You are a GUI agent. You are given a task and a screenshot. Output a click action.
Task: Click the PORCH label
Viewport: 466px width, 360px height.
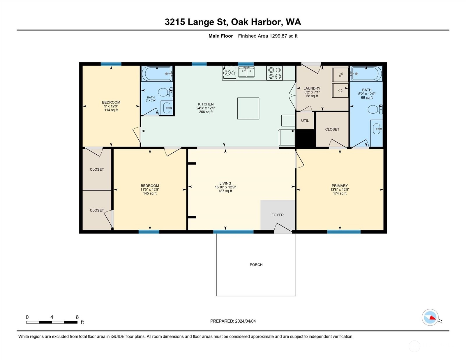coord(256,264)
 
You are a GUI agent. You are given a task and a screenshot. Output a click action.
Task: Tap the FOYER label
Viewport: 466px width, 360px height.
coord(278,215)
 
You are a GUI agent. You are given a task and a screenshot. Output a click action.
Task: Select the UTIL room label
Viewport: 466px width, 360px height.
coord(305,121)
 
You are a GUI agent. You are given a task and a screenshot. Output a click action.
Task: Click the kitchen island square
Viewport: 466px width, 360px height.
coord(248,108)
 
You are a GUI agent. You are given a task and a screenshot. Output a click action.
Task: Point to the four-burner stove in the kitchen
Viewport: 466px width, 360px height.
coord(275,73)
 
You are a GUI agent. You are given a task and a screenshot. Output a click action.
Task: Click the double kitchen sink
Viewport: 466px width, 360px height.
coord(246,72)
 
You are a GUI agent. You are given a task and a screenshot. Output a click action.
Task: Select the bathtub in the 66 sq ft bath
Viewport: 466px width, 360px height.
coord(366,74)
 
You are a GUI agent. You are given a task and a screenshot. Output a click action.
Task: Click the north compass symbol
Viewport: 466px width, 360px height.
coord(430,317)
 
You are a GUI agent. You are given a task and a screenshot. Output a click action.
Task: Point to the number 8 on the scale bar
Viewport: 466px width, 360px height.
coord(77,317)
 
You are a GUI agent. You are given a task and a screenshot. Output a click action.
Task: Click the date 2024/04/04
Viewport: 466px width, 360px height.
coord(245,321)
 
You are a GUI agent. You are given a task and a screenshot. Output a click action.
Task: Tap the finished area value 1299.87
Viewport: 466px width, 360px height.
coord(278,36)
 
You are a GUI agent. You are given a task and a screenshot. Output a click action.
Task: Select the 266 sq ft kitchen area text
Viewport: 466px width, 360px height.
coord(206,112)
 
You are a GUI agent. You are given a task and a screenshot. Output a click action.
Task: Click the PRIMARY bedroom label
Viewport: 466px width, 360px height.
coord(340,186)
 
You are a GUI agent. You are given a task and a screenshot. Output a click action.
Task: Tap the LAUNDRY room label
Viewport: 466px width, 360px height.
coord(312,88)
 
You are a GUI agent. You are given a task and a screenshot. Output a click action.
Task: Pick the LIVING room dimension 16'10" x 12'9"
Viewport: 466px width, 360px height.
coord(225,187)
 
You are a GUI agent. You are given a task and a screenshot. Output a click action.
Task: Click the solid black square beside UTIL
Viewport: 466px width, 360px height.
coord(306,138)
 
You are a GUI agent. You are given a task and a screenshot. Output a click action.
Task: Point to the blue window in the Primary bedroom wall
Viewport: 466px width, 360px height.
coord(344,232)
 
